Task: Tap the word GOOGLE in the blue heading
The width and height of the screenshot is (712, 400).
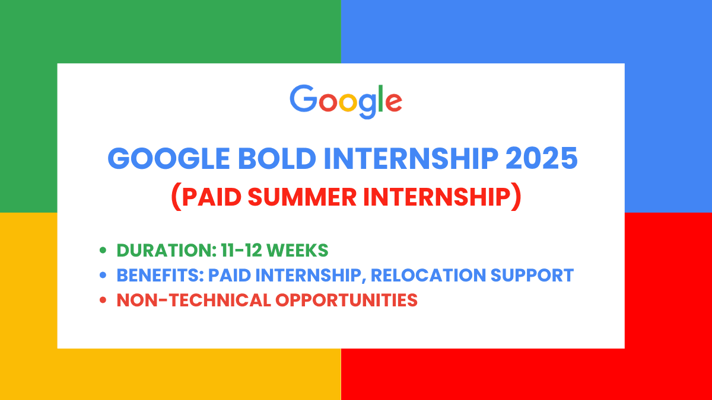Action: click(x=155, y=159)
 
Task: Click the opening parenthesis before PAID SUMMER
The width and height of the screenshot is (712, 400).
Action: click(x=176, y=197)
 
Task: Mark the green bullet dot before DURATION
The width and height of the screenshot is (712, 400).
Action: click(x=103, y=251)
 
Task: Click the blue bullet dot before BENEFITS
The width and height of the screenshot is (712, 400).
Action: click(x=103, y=276)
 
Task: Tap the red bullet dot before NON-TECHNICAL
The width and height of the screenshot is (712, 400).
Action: click(x=103, y=300)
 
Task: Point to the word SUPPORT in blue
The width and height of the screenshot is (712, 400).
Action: click(x=536, y=276)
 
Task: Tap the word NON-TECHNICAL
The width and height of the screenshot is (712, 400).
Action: click(x=193, y=300)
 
